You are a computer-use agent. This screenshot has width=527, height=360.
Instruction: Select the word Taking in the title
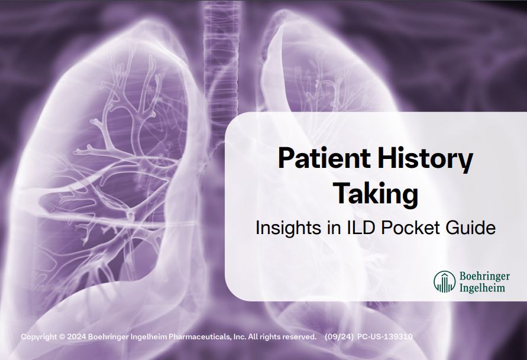point(375,194)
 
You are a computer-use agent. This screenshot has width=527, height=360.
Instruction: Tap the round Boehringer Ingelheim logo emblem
point(445,282)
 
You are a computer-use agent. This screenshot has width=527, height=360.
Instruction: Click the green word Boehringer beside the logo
point(484,276)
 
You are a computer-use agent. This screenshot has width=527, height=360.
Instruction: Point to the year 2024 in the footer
point(77,337)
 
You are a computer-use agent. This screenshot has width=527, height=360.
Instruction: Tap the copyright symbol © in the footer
point(62,337)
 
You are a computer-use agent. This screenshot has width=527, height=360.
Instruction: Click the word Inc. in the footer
point(239,337)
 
